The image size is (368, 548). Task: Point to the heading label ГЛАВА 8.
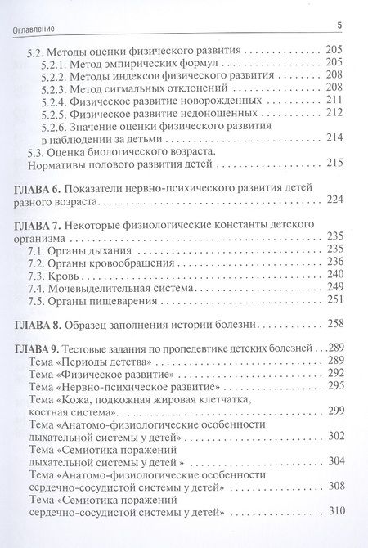coord(38,323)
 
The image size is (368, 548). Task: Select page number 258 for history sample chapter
coord(335,323)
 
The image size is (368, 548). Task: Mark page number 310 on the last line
coord(335,514)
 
